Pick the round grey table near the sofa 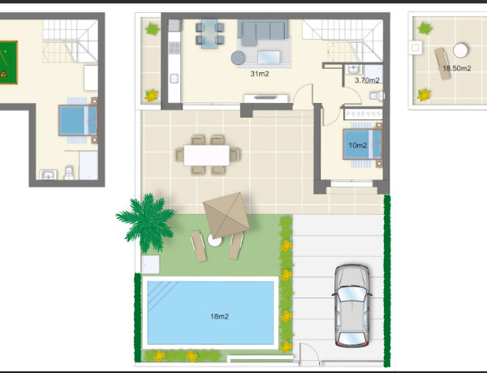click(x=238, y=58)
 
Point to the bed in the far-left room click(x=77, y=122)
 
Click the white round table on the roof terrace click(x=460, y=49)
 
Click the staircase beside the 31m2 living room click(x=332, y=37)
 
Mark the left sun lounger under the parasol click(x=197, y=244)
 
